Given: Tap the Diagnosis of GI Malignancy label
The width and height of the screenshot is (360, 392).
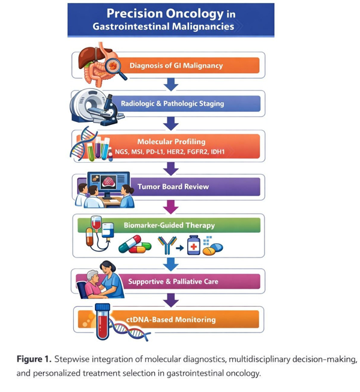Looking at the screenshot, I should click(176, 65).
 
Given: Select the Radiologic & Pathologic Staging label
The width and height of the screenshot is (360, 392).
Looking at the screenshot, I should click(172, 103).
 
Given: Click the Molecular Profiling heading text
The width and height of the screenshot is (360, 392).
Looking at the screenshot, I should click(171, 142).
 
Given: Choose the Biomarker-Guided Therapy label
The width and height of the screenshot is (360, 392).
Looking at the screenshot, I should click(169, 226).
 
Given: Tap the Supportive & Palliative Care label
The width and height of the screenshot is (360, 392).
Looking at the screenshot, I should click(173, 281).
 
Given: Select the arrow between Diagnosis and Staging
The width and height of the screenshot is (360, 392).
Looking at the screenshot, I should click(172, 85).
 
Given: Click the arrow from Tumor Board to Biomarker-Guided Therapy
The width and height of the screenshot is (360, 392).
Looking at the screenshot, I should click(172, 207).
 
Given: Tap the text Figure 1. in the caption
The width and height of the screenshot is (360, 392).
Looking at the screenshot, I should click(34, 360).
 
